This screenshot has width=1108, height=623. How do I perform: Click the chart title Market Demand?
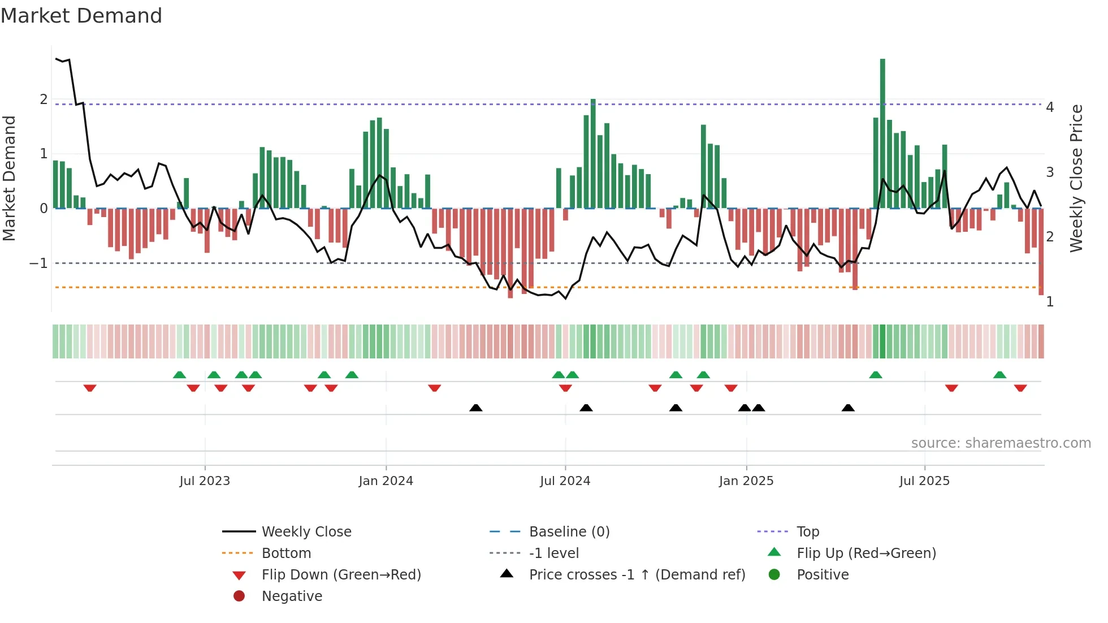coord(81,16)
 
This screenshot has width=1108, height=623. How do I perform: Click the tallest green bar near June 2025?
coord(882,133)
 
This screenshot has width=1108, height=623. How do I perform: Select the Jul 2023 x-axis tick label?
coord(205,481)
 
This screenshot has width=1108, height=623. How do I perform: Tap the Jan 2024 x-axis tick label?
coord(386,481)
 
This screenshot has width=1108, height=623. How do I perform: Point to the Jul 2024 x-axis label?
coord(565,481)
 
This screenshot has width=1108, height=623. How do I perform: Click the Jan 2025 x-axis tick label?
coord(746,481)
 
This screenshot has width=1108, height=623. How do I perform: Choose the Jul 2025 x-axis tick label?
coord(924,481)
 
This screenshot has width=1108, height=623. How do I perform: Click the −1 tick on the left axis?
coord(38,263)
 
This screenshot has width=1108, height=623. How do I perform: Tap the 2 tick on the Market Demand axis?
coord(44,99)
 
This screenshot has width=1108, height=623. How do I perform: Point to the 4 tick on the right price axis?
coord(1050,107)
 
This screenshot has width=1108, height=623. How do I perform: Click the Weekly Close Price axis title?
coord(1076,178)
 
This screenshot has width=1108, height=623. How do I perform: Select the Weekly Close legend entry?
coord(306,532)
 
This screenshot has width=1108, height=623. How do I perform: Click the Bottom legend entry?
coord(286,553)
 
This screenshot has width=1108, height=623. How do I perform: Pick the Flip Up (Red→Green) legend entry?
coord(866,553)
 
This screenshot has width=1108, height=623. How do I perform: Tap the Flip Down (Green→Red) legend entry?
coord(341,575)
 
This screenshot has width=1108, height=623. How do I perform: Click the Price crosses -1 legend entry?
coord(637,575)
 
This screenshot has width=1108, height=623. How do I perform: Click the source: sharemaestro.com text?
coord(1001,443)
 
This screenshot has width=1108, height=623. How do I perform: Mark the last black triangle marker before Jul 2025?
coord(848,408)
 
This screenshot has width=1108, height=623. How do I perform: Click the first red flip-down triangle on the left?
coord(90,388)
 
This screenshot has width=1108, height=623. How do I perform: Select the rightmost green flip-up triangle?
coord(999,375)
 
